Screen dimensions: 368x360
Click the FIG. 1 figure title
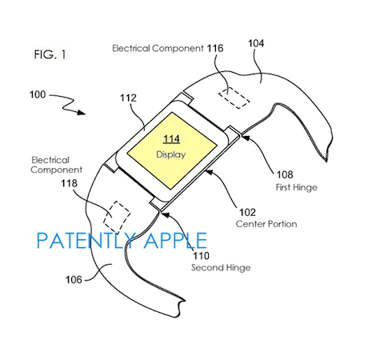(50, 54)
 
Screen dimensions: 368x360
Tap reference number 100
(38, 94)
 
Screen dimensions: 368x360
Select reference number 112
(128, 98)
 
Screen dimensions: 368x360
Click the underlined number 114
(171, 139)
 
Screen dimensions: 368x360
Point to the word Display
(171, 154)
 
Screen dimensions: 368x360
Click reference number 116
(215, 48)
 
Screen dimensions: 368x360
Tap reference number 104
(256, 43)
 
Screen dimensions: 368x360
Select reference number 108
(285, 174)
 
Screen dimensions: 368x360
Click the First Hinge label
(297, 187)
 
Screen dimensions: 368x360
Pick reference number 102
(247, 212)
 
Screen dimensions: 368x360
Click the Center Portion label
(266, 224)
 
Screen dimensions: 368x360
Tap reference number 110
(201, 256)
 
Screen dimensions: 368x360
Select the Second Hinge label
(221, 267)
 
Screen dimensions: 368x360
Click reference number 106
(74, 280)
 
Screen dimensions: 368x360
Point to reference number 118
(69, 183)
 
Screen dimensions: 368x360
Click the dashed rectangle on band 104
(234, 98)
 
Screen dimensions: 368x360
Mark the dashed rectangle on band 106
(117, 217)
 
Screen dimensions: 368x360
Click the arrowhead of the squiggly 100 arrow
(82, 112)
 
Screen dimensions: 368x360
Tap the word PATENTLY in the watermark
(86, 241)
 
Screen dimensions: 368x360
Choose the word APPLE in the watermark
(176, 241)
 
